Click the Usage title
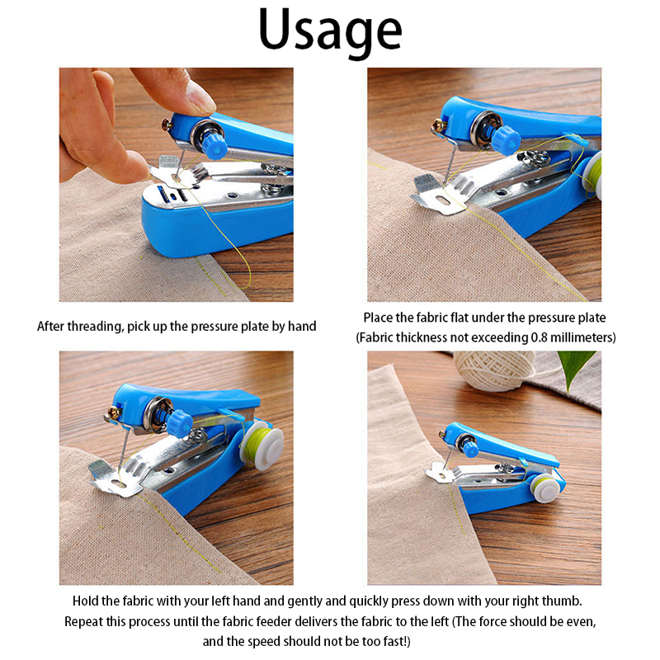[x=331, y=31]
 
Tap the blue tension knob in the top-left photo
[x=214, y=144]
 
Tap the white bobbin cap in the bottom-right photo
[x=546, y=488]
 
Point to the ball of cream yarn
[x=493, y=370]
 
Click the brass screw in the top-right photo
[x=439, y=125]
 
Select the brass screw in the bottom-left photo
[x=114, y=412]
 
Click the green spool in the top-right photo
[x=592, y=176]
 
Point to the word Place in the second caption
[x=378, y=318]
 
